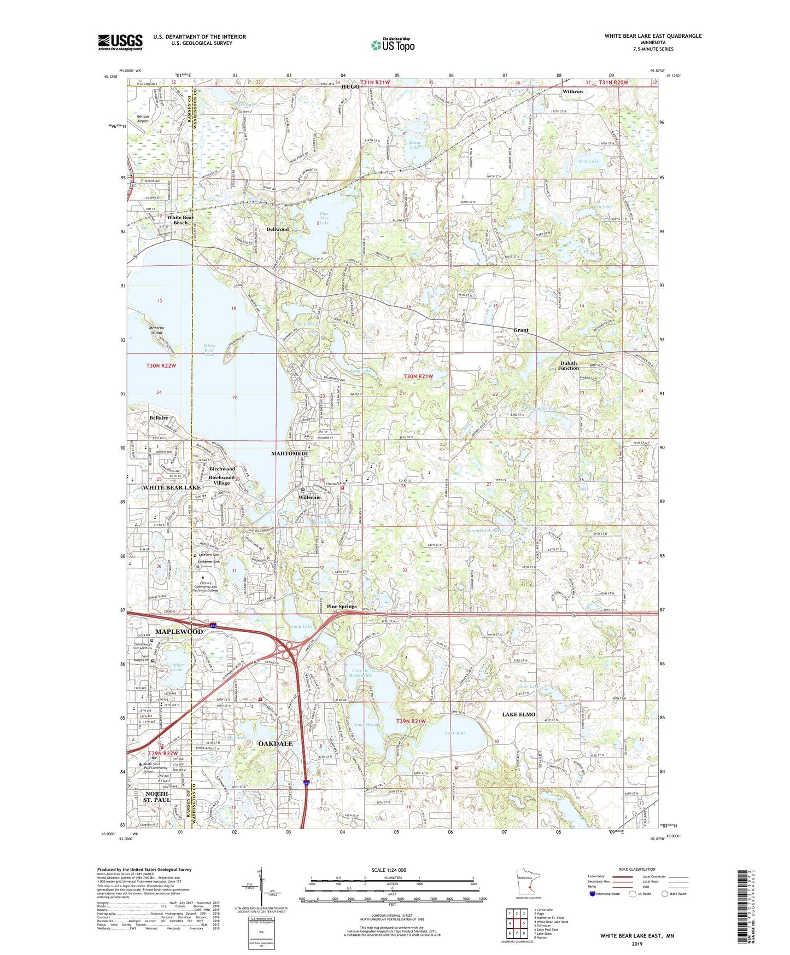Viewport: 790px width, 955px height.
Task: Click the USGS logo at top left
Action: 120,42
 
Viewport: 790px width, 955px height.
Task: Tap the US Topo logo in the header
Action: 393,45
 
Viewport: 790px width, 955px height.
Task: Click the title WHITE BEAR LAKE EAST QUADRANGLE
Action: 653,36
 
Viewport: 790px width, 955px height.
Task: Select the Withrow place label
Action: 573,91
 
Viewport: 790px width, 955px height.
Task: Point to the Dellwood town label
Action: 277,229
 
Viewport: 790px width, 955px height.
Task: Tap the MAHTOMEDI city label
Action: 290,453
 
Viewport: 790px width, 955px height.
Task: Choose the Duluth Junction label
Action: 569,365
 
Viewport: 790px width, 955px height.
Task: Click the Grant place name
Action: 520,330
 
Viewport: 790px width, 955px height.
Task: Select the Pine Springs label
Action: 342,607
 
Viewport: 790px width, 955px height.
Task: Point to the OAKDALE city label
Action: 275,744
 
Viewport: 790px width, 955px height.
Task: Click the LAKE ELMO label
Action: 519,714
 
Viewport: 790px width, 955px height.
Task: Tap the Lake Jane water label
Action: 455,733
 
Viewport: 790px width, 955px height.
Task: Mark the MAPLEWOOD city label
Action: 179,632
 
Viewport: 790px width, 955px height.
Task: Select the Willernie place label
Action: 309,497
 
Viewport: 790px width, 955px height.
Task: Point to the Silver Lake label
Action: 178,667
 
